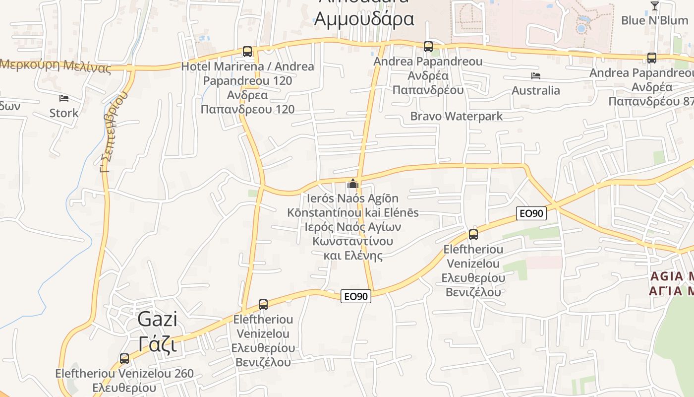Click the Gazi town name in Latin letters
tap(157, 319)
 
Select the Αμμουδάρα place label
tap(364, 19)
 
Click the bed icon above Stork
tap(63, 98)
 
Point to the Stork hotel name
tap(63, 113)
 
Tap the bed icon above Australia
tap(535, 76)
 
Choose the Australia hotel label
tap(535, 91)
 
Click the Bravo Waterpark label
tap(456, 117)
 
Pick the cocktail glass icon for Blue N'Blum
tap(654, 6)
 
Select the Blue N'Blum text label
tap(654, 21)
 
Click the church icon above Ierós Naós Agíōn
tap(352, 184)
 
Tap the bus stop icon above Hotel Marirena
tap(247, 51)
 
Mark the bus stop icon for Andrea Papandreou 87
tap(651, 58)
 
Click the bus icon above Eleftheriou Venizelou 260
tap(124, 358)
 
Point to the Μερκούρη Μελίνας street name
tap(56, 66)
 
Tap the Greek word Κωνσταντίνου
tap(352, 241)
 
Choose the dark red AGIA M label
tap(671, 276)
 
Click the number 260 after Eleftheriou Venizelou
tap(179, 374)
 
